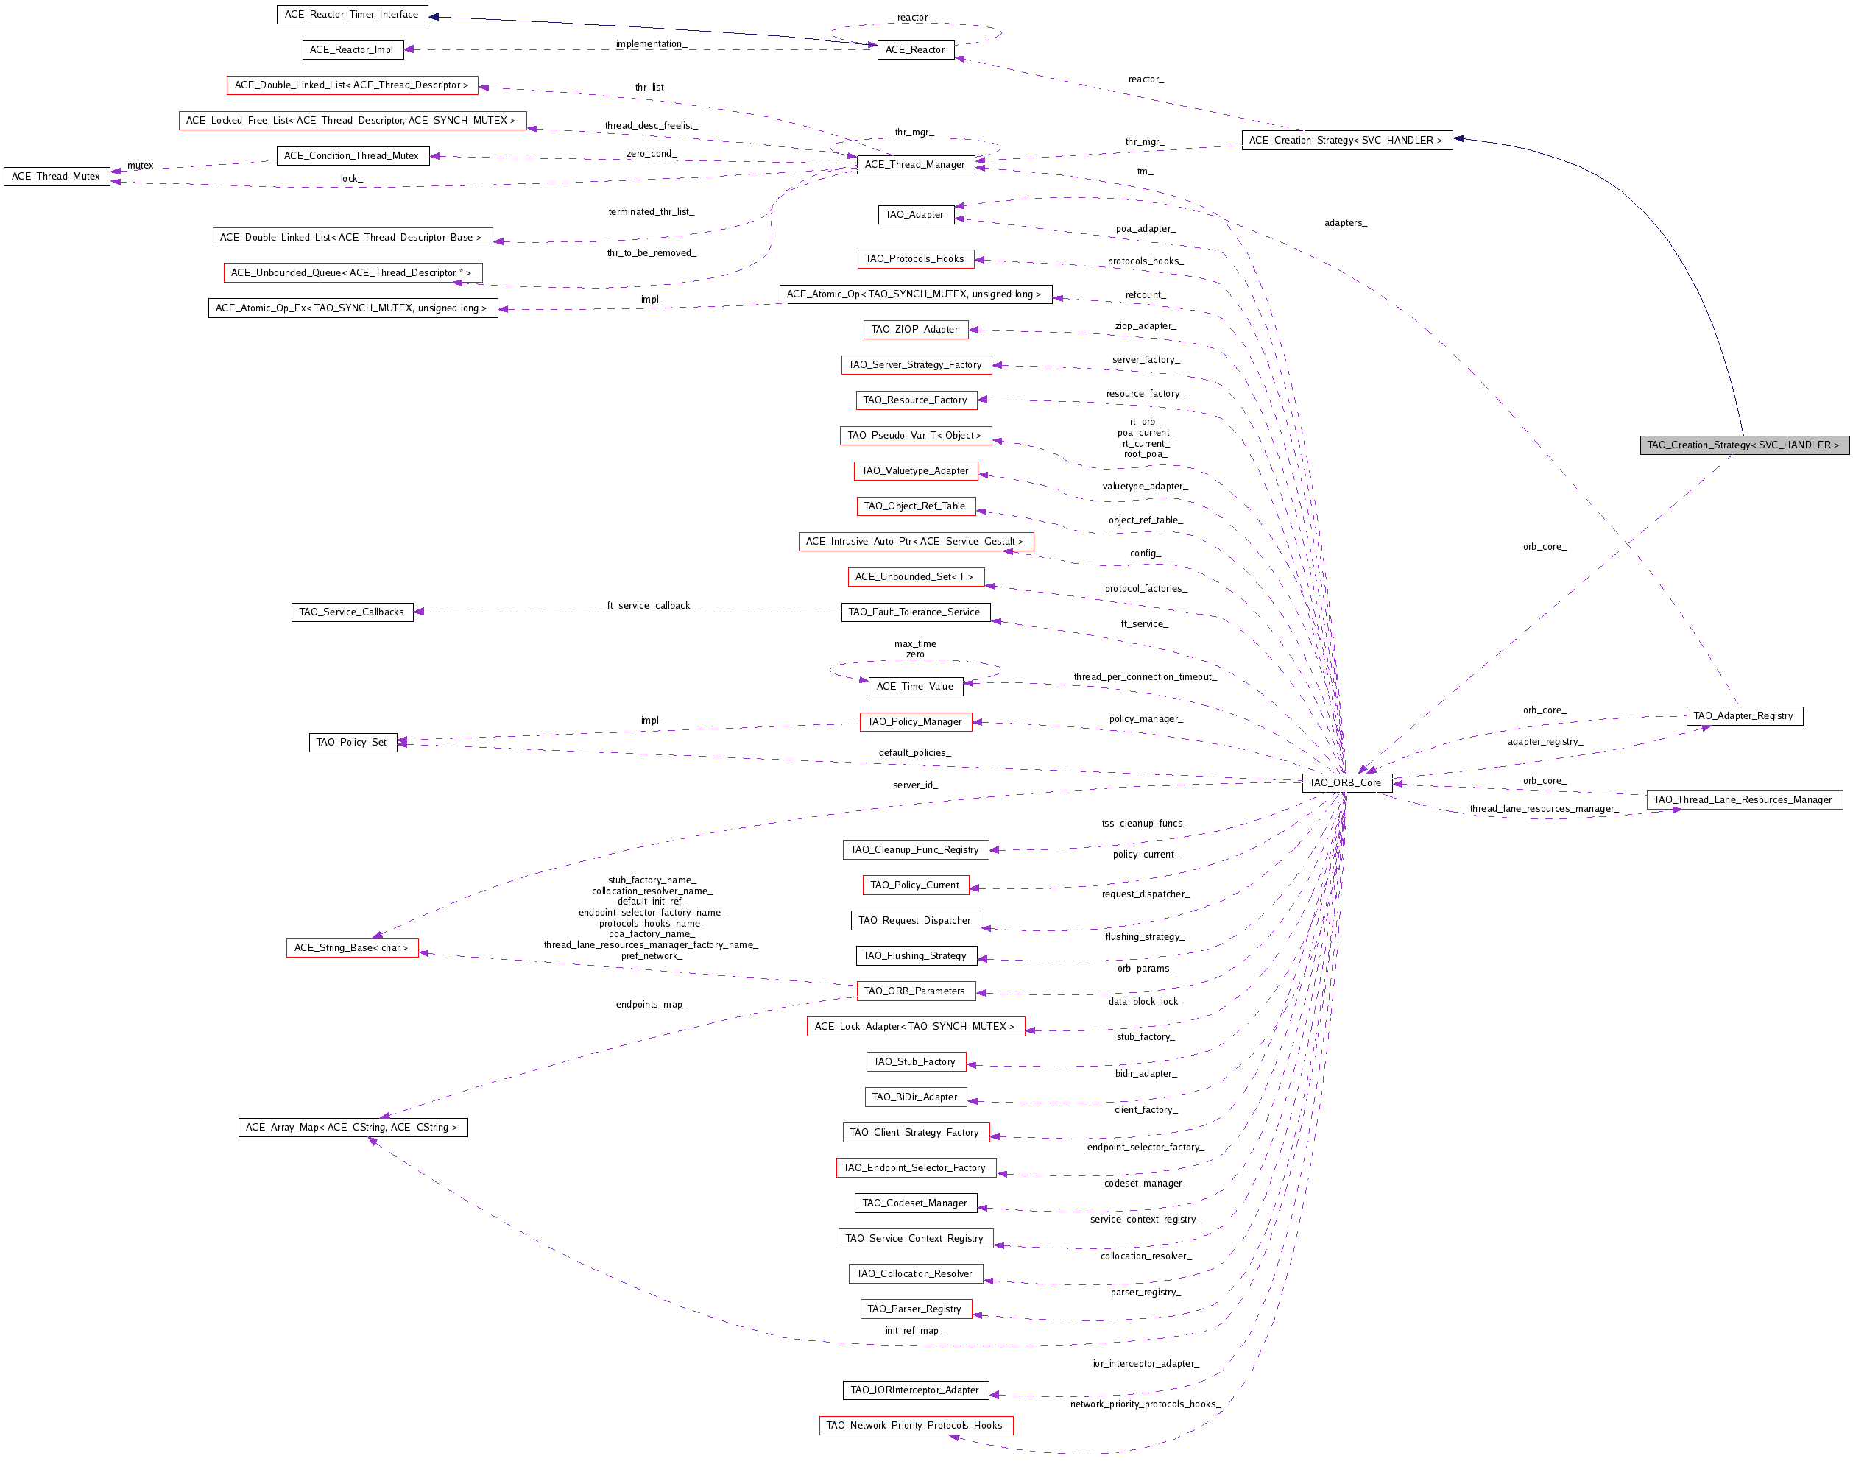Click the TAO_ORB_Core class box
point(1346,783)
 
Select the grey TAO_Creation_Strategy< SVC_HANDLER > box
point(1744,445)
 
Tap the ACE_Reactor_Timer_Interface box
point(351,15)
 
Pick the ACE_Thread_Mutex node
point(57,176)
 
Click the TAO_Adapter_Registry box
point(1744,715)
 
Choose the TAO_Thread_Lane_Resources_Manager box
point(1744,800)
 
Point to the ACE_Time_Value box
point(915,687)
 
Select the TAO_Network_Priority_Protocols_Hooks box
point(915,1426)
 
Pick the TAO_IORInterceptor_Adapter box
point(915,1390)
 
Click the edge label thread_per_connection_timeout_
point(1145,677)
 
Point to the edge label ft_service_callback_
point(651,606)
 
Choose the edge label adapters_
point(1346,224)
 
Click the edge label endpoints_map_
point(652,1005)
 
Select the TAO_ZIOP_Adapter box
point(915,329)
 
